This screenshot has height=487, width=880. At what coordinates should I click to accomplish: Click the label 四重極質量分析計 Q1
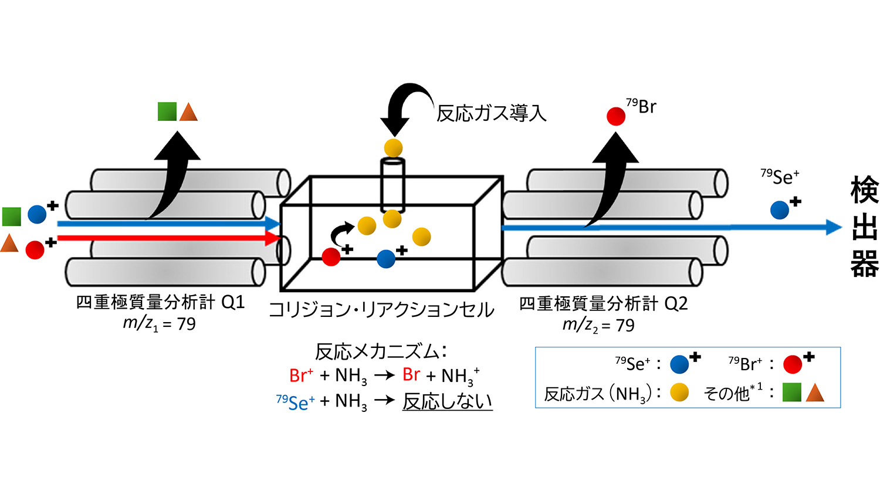tap(160, 303)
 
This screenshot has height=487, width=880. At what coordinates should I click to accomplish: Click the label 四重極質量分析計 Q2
tap(603, 304)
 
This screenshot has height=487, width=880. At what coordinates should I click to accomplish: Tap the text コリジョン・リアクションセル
tap(381, 310)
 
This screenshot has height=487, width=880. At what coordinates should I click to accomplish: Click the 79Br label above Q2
tap(641, 107)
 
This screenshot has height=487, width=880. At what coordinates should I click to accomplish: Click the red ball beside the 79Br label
tap(616, 116)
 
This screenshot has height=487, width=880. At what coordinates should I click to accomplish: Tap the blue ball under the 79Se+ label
tap(779, 210)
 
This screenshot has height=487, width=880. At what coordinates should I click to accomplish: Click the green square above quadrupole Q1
tap(167, 111)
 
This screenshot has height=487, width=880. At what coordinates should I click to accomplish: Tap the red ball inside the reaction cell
tap(331, 257)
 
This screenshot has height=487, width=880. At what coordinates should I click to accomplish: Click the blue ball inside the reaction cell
tap(385, 259)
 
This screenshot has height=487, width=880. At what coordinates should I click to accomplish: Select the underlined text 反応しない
tap(447, 401)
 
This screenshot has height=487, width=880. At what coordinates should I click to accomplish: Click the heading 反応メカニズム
tap(381, 351)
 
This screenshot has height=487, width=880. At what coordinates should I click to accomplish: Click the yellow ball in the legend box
tap(679, 392)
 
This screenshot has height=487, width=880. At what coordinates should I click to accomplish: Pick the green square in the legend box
tap(791, 392)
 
